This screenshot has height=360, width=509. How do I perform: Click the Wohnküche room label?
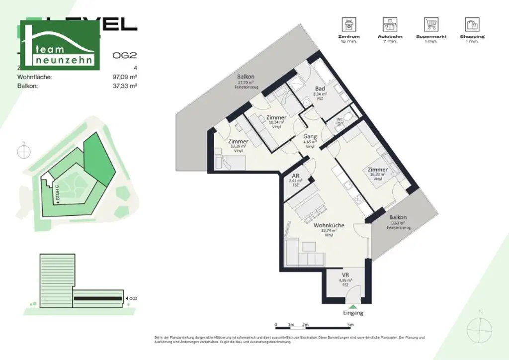pyautogui.click(x=329, y=225)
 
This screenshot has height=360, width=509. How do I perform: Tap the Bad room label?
pyautogui.click(x=320, y=89)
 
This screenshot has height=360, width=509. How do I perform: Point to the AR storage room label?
pyautogui.click(x=295, y=176)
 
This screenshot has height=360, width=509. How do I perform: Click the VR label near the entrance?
pyautogui.click(x=345, y=275)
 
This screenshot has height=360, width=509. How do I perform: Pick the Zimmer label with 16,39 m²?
pyautogui.click(x=377, y=170)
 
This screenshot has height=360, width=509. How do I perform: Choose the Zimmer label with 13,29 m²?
pyautogui.click(x=239, y=141)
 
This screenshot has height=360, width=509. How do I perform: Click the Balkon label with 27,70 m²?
pyautogui.click(x=245, y=77)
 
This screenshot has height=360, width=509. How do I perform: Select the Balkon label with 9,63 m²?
pyautogui.click(x=398, y=217)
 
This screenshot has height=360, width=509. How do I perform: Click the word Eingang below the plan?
pyautogui.click(x=353, y=313)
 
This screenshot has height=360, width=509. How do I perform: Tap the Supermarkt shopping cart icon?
pyautogui.click(x=430, y=24)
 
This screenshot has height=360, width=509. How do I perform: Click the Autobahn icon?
pyautogui.click(x=390, y=24)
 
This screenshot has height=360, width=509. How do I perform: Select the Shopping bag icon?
pyautogui.click(x=472, y=24)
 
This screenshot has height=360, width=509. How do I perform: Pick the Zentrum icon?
pyautogui.click(x=348, y=24)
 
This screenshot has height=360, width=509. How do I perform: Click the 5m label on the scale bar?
pyautogui.click(x=350, y=325)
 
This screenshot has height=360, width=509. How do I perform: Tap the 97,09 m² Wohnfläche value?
pyautogui.click(x=125, y=77)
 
